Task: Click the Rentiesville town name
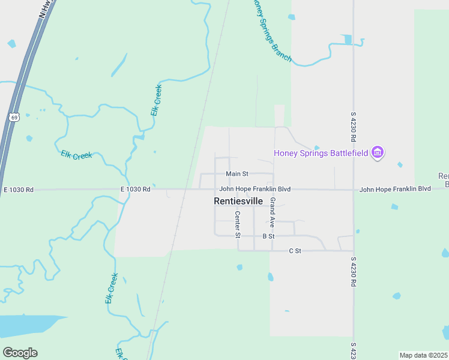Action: (238, 202)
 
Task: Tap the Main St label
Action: (237, 174)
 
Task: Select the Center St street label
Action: (238, 223)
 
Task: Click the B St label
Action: (268, 236)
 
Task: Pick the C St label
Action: (294, 250)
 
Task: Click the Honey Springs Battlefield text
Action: (321, 152)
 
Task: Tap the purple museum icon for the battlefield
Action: (378, 153)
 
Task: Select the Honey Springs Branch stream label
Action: (271, 31)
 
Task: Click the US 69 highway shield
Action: (14, 117)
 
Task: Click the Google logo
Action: (20, 353)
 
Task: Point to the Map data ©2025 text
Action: (424, 355)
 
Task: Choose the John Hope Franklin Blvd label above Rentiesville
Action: (255, 189)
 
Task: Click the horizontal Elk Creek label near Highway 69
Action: (76, 155)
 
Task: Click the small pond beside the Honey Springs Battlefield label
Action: (316, 147)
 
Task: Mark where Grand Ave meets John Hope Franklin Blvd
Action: (274, 190)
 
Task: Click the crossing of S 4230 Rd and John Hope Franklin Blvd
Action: (354, 190)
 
